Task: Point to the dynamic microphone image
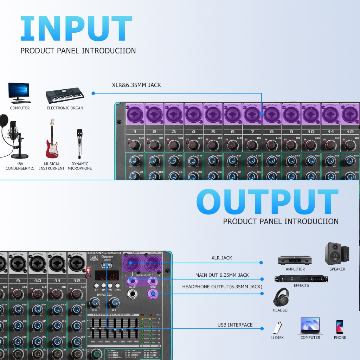(x=80, y=144)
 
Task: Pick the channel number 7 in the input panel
(x=252, y=132)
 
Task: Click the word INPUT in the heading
(x=76, y=29)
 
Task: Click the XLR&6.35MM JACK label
(x=136, y=85)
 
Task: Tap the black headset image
(x=281, y=297)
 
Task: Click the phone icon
(x=340, y=327)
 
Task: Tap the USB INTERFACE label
(x=235, y=325)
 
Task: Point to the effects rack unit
(x=301, y=279)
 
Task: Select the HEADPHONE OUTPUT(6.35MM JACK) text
(x=222, y=287)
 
